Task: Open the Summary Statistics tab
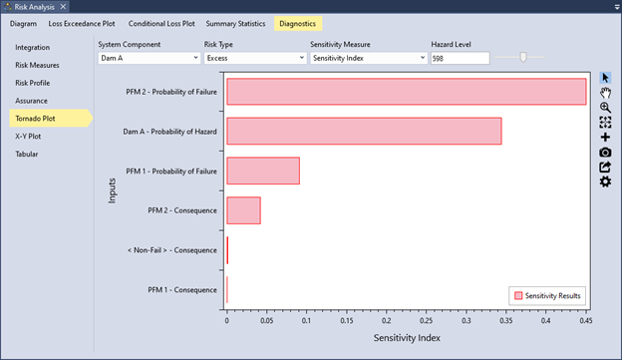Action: click(x=236, y=22)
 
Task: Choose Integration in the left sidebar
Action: click(x=32, y=47)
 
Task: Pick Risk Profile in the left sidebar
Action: click(x=32, y=83)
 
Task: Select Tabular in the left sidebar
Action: click(x=27, y=155)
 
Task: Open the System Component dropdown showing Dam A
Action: click(x=148, y=59)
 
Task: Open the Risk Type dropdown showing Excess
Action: click(x=254, y=59)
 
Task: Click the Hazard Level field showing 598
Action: click(x=460, y=59)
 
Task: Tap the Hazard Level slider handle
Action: click(x=523, y=58)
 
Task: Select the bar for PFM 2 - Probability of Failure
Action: click(x=406, y=92)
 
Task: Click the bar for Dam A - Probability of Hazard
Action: click(x=364, y=132)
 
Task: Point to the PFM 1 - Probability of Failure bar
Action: click(x=263, y=171)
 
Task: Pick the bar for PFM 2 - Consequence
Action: click(x=243, y=210)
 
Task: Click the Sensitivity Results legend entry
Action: click(x=548, y=295)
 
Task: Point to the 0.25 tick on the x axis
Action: click(x=426, y=322)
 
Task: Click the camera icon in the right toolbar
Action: click(x=605, y=152)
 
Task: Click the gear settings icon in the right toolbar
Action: click(x=605, y=181)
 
